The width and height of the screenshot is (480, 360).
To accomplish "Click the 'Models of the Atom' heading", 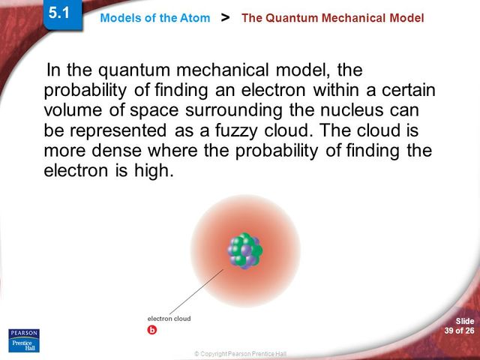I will coord(154,18).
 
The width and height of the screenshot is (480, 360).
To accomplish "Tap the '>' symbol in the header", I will coord(226,16).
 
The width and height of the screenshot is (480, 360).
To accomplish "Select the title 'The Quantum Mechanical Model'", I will coord(332,18).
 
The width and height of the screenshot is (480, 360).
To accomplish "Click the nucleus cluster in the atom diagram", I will coord(244,251).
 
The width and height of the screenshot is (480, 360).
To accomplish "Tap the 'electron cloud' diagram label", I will coord(169,319).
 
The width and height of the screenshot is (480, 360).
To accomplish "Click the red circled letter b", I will coord(152,330).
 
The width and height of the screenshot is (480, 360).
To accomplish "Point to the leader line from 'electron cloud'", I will coord(196,291).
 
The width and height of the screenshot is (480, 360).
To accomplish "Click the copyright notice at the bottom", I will coord(240,353).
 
